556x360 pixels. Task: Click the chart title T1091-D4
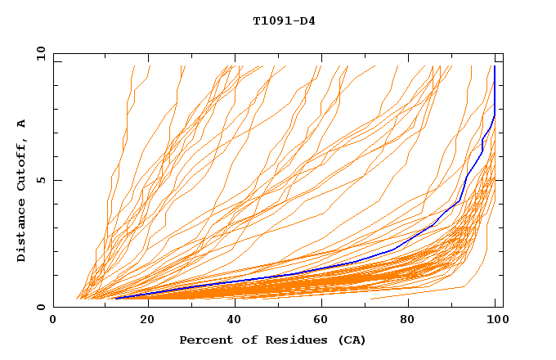pyautogui.click(x=284, y=21)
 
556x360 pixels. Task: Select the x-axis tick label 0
pyautogui.click(x=54, y=321)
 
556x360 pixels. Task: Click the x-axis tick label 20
pyautogui.click(x=142, y=321)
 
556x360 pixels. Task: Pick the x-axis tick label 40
pyautogui.click(x=231, y=321)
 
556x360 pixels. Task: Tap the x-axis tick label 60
pyautogui.click(x=319, y=321)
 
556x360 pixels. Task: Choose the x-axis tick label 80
pyautogui.click(x=407, y=321)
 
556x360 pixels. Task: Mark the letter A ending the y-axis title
pyautogui.click(x=22, y=123)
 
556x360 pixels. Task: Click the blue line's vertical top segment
pyautogui.click(x=495, y=86)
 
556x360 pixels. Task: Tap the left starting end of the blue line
pyautogui.click(x=115, y=299)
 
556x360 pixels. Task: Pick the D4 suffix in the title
pyautogui.click(x=307, y=21)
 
